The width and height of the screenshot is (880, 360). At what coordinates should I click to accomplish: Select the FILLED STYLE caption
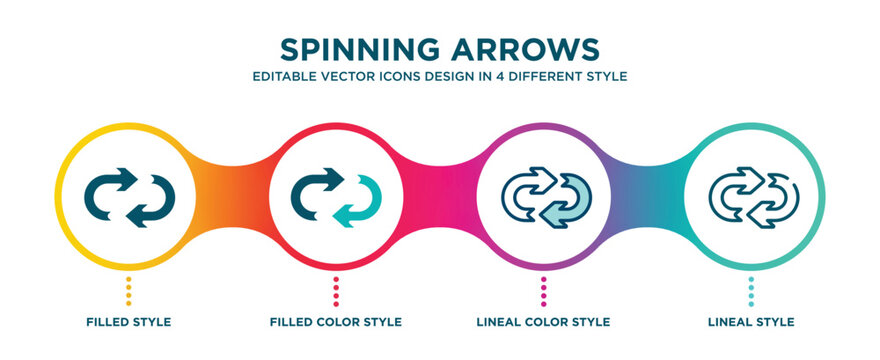[128, 322]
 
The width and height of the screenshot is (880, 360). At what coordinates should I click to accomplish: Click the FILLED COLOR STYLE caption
[336, 322]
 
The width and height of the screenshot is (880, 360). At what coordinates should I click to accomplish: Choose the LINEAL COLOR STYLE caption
[544, 322]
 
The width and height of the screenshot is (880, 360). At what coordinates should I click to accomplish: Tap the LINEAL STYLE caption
[751, 322]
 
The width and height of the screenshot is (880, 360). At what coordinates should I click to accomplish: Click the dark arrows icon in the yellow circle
[129, 196]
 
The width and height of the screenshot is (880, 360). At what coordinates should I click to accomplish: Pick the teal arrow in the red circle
[356, 201]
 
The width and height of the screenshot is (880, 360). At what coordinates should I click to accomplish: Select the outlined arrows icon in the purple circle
[544, 196]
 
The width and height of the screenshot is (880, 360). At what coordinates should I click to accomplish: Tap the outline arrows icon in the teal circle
[752, 196]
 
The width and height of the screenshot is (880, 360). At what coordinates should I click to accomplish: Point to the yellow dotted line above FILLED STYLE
[128, 289]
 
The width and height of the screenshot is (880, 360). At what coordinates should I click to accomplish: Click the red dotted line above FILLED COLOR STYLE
[336, 289]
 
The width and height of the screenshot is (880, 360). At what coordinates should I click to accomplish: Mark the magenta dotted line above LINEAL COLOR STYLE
[544, 289]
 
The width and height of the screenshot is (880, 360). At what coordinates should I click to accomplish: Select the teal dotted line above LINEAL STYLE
[752, 289]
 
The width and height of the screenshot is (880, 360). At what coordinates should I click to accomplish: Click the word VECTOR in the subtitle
[352, 76]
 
